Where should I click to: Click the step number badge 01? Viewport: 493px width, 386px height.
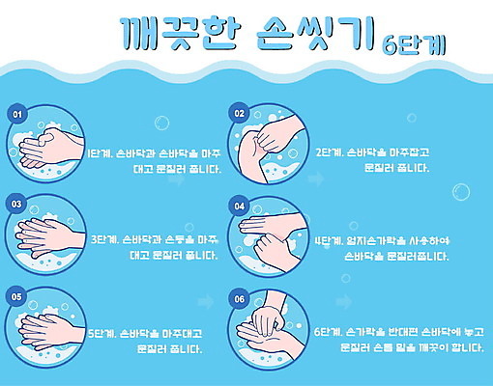pos(16,113)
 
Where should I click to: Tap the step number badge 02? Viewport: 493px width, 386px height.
pos(240,113)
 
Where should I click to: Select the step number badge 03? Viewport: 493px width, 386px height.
pos(16,204)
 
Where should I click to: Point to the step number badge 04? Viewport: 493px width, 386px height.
pos(240,205)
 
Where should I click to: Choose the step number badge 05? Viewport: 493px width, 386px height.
pos(16,297)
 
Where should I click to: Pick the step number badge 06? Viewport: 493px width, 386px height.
pos(240,298)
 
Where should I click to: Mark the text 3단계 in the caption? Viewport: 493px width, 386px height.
pos(102,240)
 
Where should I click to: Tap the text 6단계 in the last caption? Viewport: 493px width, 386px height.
pos(329,332)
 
